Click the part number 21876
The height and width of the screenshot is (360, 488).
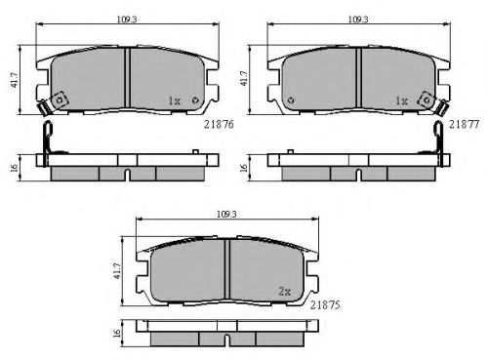(x=219, y=124)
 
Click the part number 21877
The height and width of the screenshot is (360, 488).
(x=465, y=124)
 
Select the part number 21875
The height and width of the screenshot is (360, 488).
(x=325, y=305)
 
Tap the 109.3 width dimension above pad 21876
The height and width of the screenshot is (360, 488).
(x=127, y=20)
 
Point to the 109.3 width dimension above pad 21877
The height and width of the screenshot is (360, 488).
(x=358, y=20)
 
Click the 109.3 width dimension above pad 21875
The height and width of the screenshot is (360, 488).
(x=226, y=214)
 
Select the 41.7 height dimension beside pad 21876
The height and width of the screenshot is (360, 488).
(x=15, y=80)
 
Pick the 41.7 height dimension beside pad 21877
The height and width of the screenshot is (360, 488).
(x=244, y=78)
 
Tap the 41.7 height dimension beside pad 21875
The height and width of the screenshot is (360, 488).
(x=117, y=271)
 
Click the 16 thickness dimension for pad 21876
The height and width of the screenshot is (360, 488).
(x=14, y=168)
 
